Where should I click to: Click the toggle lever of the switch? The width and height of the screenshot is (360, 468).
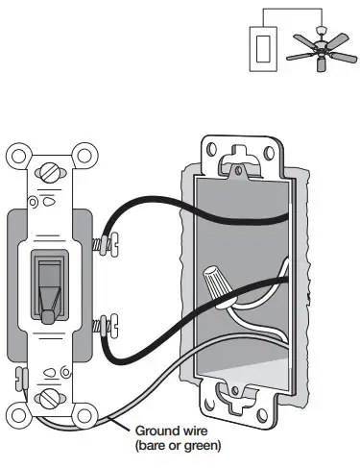(47, 288)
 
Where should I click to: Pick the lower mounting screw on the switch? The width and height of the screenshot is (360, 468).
(47, 395)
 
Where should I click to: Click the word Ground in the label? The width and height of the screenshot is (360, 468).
(156, 431)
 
